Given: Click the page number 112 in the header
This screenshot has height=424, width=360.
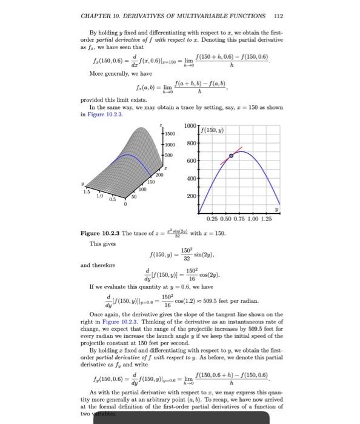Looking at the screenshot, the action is [278, 16].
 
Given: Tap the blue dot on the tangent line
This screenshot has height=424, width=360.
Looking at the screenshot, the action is [230, 156].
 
